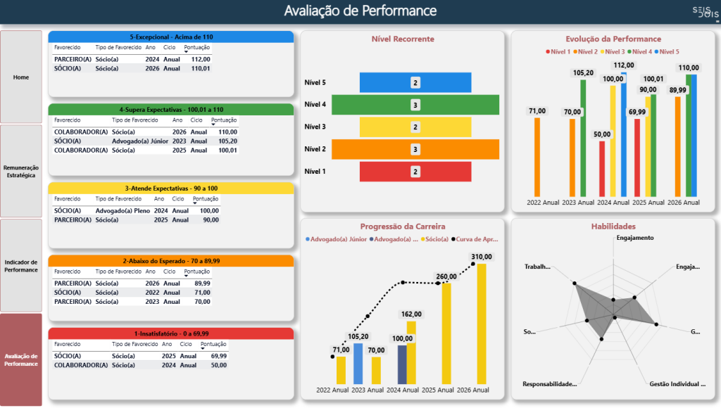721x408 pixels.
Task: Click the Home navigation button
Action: pyautogui.click(x=21, y=77)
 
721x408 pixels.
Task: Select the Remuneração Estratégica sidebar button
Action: pyautogui.click(x=21, y=171)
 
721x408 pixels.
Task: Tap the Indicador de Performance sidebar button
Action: pyautogui.click(x=21, y=265)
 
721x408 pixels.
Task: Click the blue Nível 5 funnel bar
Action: pyautogui.click(x=415, y=82)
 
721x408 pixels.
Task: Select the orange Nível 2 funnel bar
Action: pyautogui.click(x=415, y=149)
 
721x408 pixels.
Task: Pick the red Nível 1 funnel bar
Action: pyautogui.click(x=415, y=172)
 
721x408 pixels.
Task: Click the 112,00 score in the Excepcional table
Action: pyautogui.click(x=200, y=60)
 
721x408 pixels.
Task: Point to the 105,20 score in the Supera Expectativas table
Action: pyautogui.click(x=227, y=141)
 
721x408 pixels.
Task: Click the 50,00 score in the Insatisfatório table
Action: pyautogui.click(x=218, y=365)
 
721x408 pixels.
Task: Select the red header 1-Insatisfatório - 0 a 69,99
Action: pyautogui.click(x=170, y=333)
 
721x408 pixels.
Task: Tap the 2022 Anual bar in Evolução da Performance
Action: pyautogui.click(x=537, y=157)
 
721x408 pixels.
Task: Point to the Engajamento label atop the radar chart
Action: pyautogui.click(x=634, y=238)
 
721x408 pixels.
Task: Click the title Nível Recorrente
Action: pyautogui.click(x=403, y=39)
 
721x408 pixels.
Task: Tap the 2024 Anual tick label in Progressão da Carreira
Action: pyautogui.click(x=403, y=390)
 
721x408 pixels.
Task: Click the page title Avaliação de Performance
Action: pyautogui.click(x=360, y=11)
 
